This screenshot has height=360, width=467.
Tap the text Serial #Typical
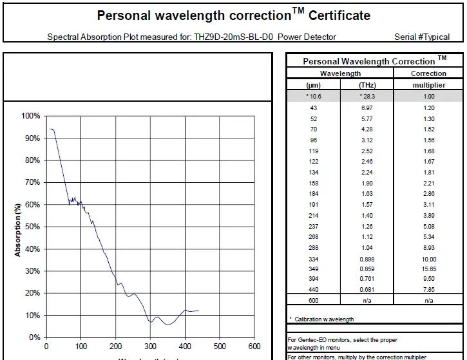point(422,37)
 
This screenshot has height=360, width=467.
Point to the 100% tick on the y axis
point(31,116)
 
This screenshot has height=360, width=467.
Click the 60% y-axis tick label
point(31,205)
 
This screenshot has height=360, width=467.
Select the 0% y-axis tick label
point(33,337)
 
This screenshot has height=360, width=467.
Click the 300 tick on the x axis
point(150,346)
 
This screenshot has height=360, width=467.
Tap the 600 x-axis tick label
point(254,346)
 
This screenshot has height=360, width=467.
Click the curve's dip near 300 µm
point(151,321)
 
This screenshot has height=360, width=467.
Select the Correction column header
point(428,73)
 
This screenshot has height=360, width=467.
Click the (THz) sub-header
point(367,85)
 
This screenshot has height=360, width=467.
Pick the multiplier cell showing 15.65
point(428,269)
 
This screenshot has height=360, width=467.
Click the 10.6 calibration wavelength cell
point(314,96)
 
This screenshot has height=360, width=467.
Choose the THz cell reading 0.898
point(367,258)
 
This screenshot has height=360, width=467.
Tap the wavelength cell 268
point(314,237)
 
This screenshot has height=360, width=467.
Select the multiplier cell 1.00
point(428,96)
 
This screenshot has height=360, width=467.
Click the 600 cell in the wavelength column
point(314,300)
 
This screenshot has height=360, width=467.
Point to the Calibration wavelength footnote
point(321,319)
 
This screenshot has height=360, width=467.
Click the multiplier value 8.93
point(428,248)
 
